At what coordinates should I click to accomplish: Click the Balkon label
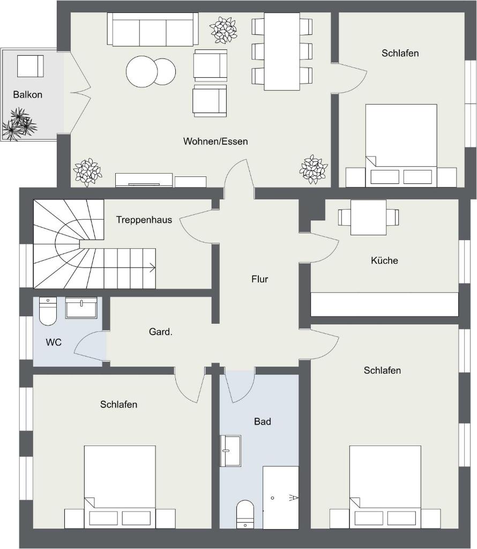[28, 94]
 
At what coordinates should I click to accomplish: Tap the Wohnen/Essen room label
[215, 142]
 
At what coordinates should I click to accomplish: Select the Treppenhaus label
[144, 220]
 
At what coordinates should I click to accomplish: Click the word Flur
[260, 279]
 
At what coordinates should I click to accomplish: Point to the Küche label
[384, 261]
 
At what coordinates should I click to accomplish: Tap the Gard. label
[161, 331]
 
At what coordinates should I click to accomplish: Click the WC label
[54, 343]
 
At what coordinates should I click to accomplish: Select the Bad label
[263, 421]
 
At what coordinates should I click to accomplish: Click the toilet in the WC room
[48, 311]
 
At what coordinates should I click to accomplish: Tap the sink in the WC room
[81, 308]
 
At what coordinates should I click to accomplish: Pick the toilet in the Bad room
[245, 514]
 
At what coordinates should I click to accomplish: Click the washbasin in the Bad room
[230, 451]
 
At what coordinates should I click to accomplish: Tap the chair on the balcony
[31, 66]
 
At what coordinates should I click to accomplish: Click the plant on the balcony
[19, 124]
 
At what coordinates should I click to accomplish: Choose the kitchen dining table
[368, 218]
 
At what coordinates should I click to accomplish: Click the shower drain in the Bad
[272, 498]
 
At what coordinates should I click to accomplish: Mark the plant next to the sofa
[222, 30]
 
